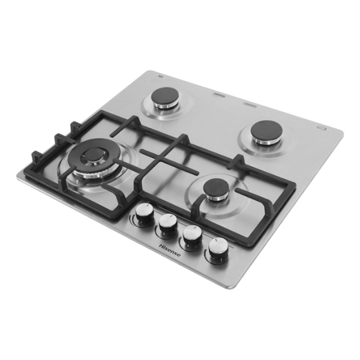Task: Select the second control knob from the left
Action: [x=168, y=223]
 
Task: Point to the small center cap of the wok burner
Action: [x=94, y=154]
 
